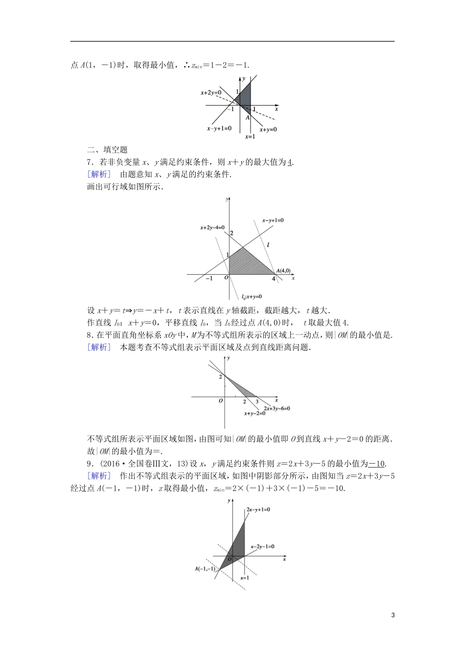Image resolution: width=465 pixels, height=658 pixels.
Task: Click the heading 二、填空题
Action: [x=107, y=150]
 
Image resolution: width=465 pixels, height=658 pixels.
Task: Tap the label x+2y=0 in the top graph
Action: [x=211, y=92]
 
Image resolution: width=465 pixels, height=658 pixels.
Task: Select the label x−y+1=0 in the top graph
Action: [x=219, y=129]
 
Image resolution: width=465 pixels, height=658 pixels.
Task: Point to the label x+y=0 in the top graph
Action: [x=268, y=129]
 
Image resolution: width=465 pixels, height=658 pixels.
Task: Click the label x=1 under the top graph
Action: [x=250, y=137]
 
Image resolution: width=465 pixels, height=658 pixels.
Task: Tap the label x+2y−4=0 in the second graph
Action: [x=212, y=228]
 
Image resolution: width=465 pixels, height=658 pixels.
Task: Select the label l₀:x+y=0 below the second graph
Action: [x=252, y=297]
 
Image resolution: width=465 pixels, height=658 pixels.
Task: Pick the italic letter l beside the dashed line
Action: [x=268, y=245]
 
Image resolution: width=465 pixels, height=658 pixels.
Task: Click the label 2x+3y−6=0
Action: [x=277, y=408]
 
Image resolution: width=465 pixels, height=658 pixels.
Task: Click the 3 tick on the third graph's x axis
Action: [x=257, y=401]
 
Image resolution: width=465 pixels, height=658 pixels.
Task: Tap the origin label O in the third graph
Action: [x=221, y=400]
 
